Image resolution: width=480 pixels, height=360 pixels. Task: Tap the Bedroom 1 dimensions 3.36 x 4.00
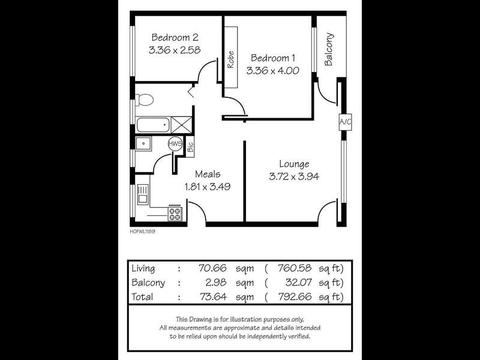point(273,70)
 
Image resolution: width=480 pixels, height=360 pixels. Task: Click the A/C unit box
point(345,122)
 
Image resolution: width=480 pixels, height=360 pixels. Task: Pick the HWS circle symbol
point(175,144)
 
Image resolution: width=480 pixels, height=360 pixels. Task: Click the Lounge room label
point(294,164)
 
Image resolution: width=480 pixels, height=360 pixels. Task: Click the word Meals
point(208,174)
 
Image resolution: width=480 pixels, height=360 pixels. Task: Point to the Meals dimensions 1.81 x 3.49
point(208,187)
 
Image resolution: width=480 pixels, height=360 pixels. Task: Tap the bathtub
point(152,125)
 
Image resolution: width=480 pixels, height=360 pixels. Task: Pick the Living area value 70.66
point(211,268)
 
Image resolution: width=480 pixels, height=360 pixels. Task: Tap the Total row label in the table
point(142,296)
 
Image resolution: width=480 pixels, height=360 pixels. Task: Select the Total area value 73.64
point(211,296)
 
